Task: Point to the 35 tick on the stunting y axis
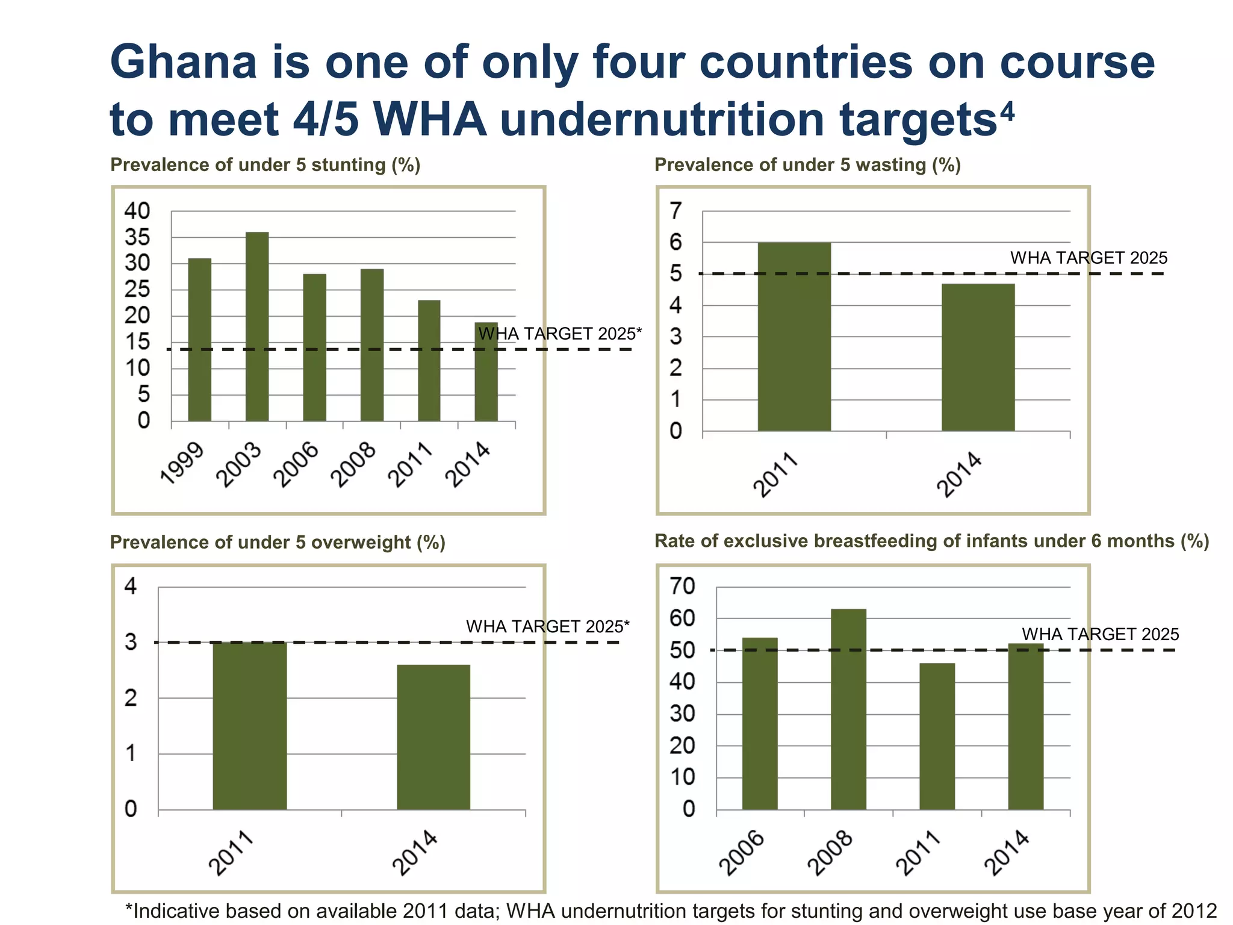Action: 137,237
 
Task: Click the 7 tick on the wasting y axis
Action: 676,211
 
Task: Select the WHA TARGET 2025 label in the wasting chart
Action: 1089,258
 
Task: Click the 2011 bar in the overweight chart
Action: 250,726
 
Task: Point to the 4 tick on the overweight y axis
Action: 131,586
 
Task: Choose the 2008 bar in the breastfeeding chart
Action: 848,709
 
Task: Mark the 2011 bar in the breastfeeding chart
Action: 937,736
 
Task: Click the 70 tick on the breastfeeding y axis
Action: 683,586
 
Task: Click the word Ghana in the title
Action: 184,63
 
